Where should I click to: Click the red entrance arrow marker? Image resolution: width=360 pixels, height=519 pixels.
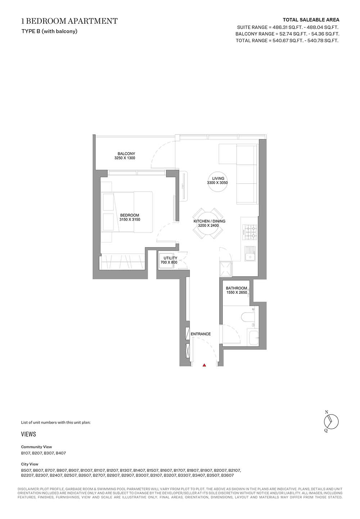click(204, 365)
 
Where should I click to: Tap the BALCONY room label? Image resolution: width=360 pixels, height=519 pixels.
click(126, 154)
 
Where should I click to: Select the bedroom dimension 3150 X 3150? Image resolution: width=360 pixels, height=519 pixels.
click(130, 219)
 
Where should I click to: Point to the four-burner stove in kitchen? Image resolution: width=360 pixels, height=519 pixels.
click(249, 232)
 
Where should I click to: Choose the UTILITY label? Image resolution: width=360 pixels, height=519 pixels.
click(170, 258)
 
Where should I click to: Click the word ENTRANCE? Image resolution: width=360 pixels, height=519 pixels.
click(201, 334)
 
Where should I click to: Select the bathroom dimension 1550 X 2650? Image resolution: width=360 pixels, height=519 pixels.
click(237, 292)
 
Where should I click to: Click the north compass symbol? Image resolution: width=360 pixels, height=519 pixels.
click(331, 422)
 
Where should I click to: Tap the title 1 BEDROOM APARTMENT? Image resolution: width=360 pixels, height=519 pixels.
click(69, 21)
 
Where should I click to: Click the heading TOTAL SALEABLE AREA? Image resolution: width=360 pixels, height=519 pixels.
click(311, 20)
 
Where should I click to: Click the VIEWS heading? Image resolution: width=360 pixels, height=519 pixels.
click(28, 434)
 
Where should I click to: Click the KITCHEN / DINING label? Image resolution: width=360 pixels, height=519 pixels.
click(210, 221)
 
